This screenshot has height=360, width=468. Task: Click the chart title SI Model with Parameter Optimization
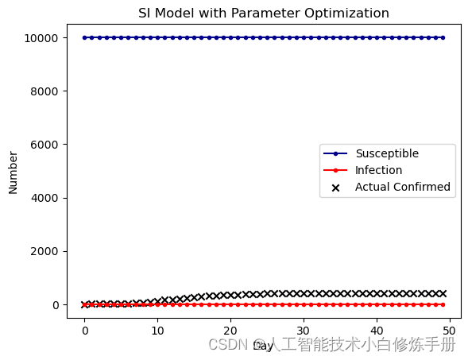point(264,14)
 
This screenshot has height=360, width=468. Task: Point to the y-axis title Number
point(14,171)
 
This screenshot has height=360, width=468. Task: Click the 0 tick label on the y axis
point(55,305)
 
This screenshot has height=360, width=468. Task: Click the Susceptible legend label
point(387,153)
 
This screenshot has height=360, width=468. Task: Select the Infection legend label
point(378,170)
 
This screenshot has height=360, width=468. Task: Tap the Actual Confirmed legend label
point(403,188)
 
